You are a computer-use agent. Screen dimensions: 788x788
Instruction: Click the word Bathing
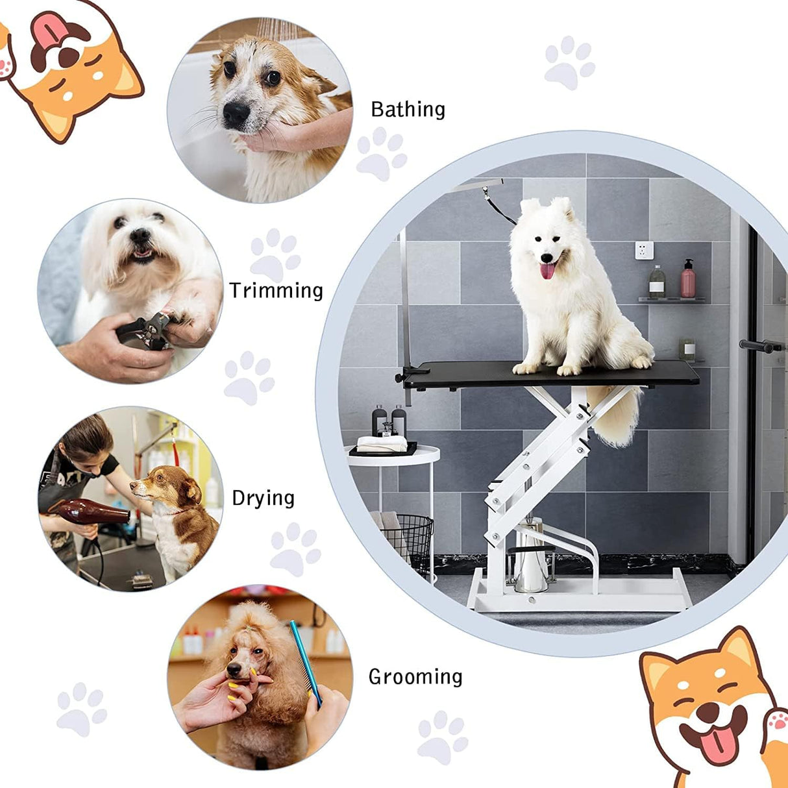coord(408,110)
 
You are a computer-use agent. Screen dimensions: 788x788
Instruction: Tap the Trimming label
coord(276,291)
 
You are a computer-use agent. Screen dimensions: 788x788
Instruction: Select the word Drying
coord(263,498)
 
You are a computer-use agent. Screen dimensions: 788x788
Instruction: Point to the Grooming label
coord(415,677)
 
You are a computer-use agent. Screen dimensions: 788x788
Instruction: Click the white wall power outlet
coord(643,250)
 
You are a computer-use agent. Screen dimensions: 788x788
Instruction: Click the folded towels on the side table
coord(382,444)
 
